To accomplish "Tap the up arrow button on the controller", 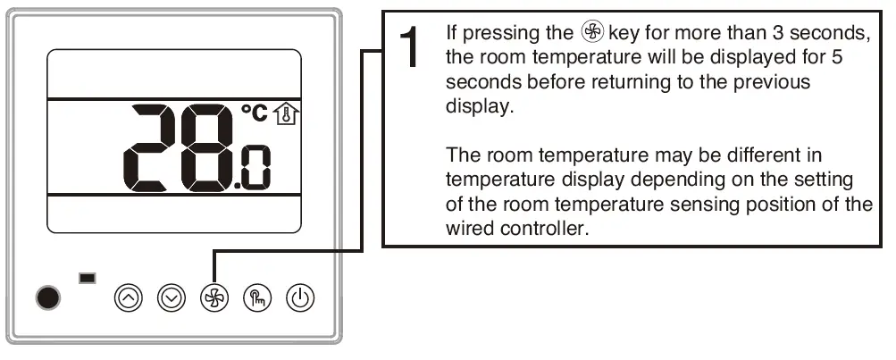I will point(130,298).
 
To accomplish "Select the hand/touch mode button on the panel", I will point(257,298).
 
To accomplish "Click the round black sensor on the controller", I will point(50,297).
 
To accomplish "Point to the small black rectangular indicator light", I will point(88,279).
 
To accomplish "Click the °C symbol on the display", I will point(255,113).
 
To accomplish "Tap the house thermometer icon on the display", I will point(286,113).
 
